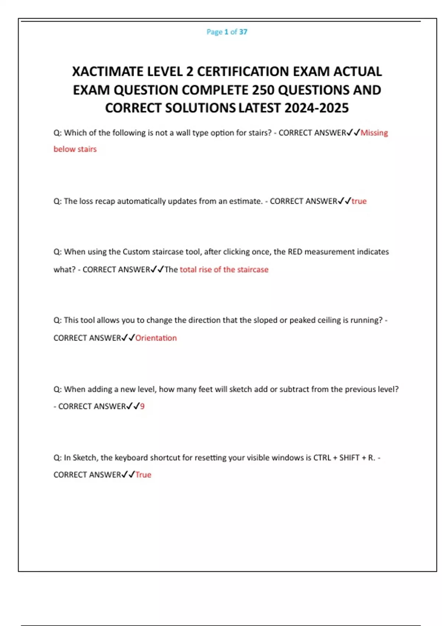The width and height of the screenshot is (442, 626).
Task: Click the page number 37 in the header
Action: [x=243, y=32]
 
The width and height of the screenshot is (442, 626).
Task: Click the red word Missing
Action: [x=374, y=133]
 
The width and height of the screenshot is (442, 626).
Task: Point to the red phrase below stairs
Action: [x=75, y=149]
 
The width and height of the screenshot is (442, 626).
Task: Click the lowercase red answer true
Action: [x=359, y=201]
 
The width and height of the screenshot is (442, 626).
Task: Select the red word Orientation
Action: [x=156, y=338]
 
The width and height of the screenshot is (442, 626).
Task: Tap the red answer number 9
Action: [x=142, y=406]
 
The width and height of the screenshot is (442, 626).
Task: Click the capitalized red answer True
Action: [x=143, y=475]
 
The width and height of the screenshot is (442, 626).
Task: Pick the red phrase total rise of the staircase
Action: [x=224, y=270]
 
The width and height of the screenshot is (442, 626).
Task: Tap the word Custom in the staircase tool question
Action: [x=136, y=252]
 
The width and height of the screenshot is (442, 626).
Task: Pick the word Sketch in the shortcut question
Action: [x=84, y=458]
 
